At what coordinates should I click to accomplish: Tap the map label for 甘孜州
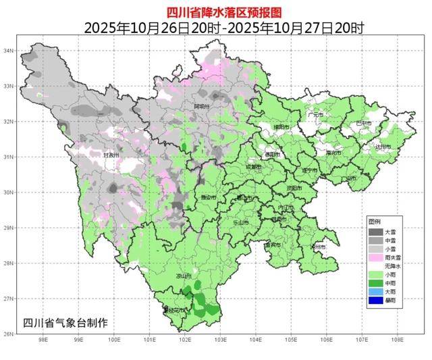click(110, 155)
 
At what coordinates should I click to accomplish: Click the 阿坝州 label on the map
click(202, 107)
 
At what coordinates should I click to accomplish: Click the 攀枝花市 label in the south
click(174, 310)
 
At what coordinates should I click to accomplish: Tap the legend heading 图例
click(375, 222)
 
